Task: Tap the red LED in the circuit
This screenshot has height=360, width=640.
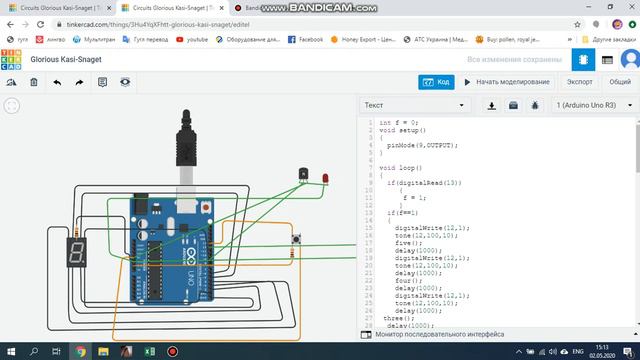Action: click(x=325, y=178)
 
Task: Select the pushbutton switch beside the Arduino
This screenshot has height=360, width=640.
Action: click(x=297, y=239)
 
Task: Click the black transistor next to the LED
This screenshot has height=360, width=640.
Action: click(x=304, y=175)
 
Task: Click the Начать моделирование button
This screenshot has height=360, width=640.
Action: click(x=506, y=82)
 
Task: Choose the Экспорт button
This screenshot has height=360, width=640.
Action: click(x=580, y=82)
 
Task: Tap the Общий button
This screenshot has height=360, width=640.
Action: click(x=620, y=82)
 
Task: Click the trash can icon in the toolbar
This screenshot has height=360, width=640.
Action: click(x=33, y=82)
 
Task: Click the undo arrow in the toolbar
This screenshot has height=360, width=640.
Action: click(x=56, y=82)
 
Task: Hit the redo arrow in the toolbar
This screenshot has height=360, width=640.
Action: click(x=79, y=82)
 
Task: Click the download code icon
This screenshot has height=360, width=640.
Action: click(x=492, y=104)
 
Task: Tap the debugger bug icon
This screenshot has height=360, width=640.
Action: click(x=535, y=104)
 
